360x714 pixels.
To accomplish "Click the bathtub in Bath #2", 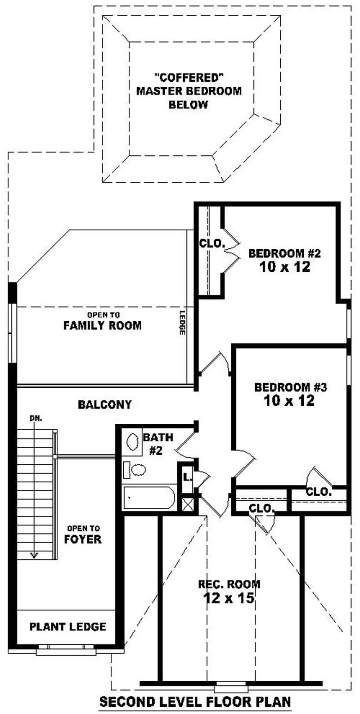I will pos(148,498).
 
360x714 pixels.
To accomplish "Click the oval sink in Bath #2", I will pos(133,442).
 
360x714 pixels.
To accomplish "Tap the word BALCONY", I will pos(104,404).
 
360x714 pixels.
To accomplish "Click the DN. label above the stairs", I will pos(36,418).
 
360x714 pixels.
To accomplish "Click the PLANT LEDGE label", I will pos(68,626).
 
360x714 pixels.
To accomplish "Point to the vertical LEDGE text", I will pos(182,323).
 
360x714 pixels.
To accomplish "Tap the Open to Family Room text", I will pos(103,321).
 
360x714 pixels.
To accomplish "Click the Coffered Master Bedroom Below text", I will pos(189,91).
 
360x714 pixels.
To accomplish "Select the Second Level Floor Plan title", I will pos(195,701).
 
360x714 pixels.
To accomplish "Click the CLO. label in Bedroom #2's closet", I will pos(212,244).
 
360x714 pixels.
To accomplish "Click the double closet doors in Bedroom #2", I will pos(232,250).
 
